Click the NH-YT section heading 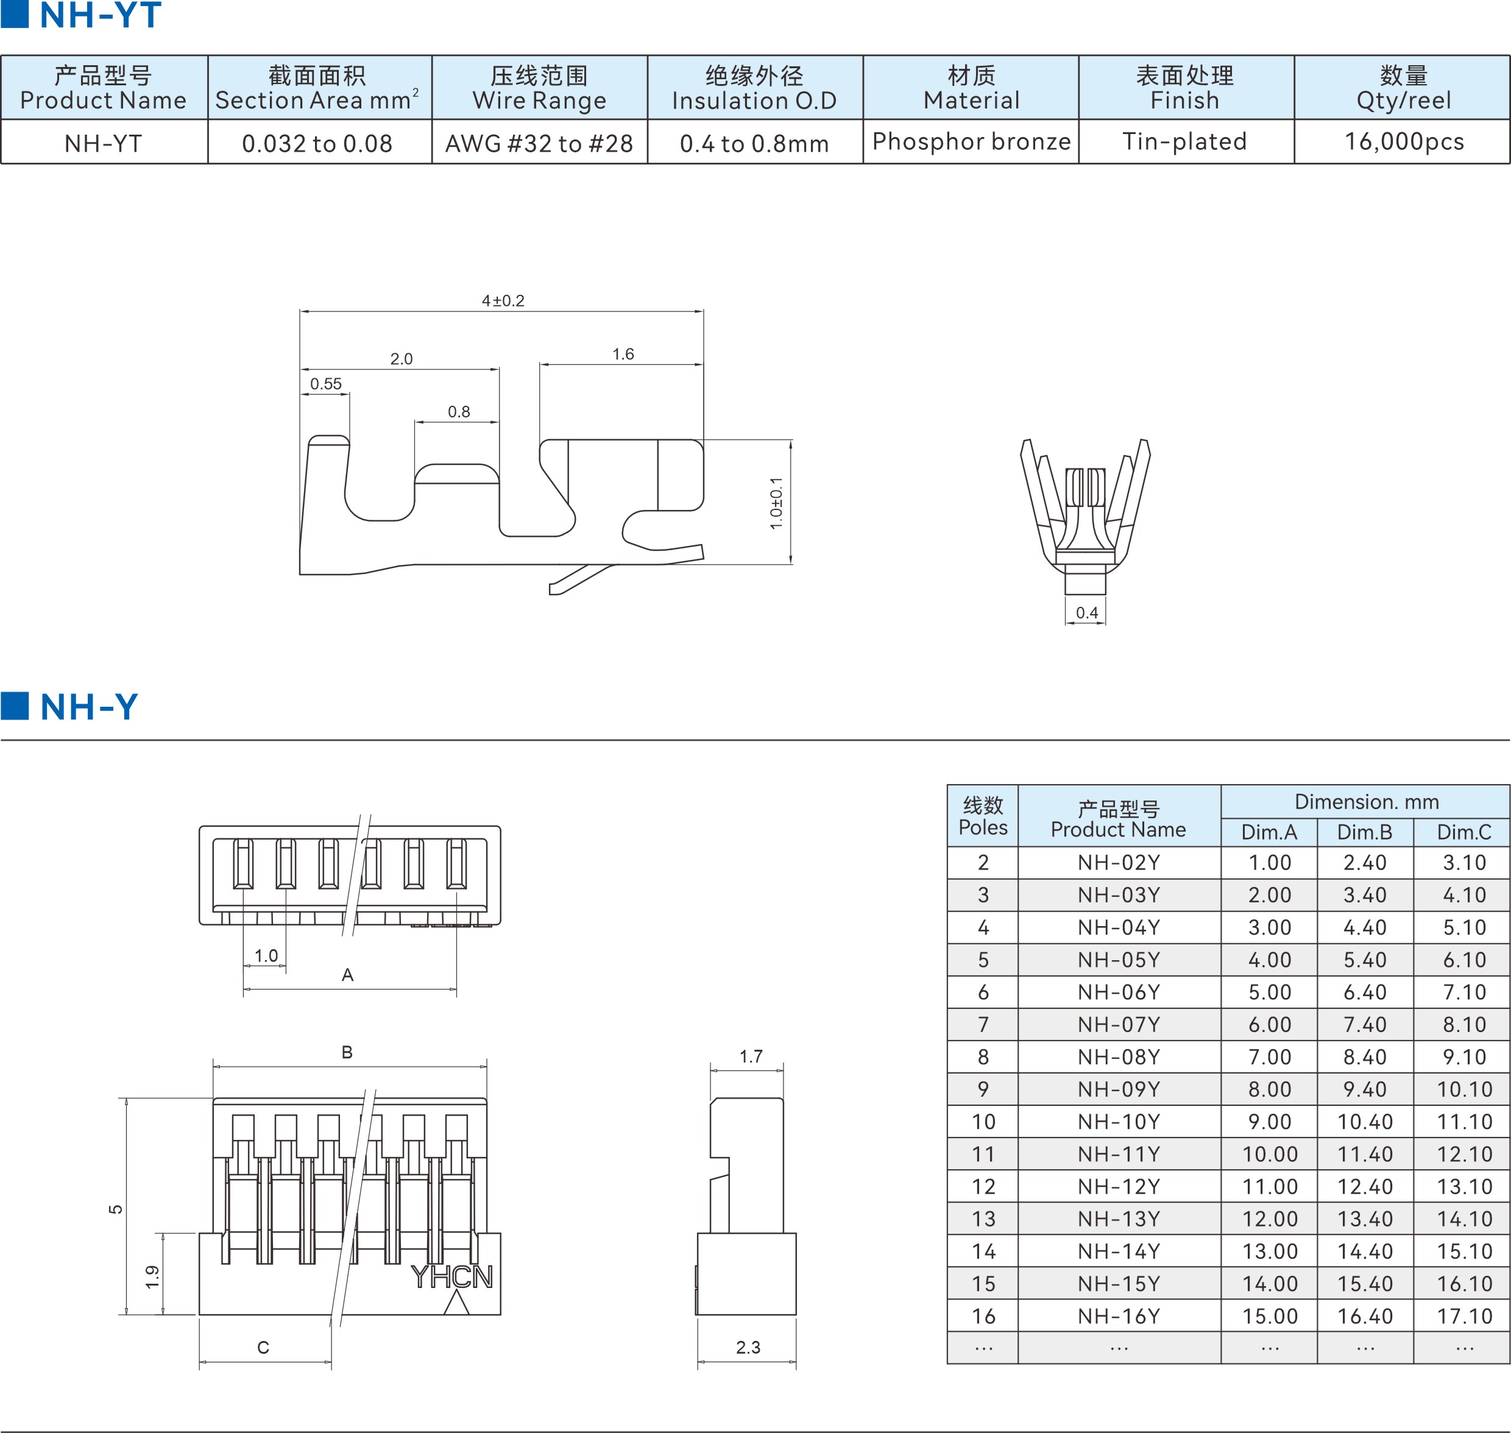click(x=99, y=15)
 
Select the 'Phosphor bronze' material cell click(x=971, y=141)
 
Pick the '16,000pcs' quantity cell click(x=1404, y=141)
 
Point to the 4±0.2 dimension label click(x=503, y=301)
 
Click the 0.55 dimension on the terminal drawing click(x=325, y=383)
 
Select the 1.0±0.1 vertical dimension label click(x=776, y=503)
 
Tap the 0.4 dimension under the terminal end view click(x=1086, y=612)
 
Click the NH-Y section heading click(x=88, y=707)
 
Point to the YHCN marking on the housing click(x=451, y=1277)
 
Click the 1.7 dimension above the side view click(x=750, y=1056)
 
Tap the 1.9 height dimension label click(x=152, y=1276)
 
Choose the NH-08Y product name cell click(x=1119, y=1057)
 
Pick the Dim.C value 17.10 click(x=1463, y=1316)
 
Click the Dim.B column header click(x=1364, y=832)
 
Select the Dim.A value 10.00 click(x=1270, y=1154)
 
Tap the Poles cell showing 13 click(x=983, y=1219)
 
